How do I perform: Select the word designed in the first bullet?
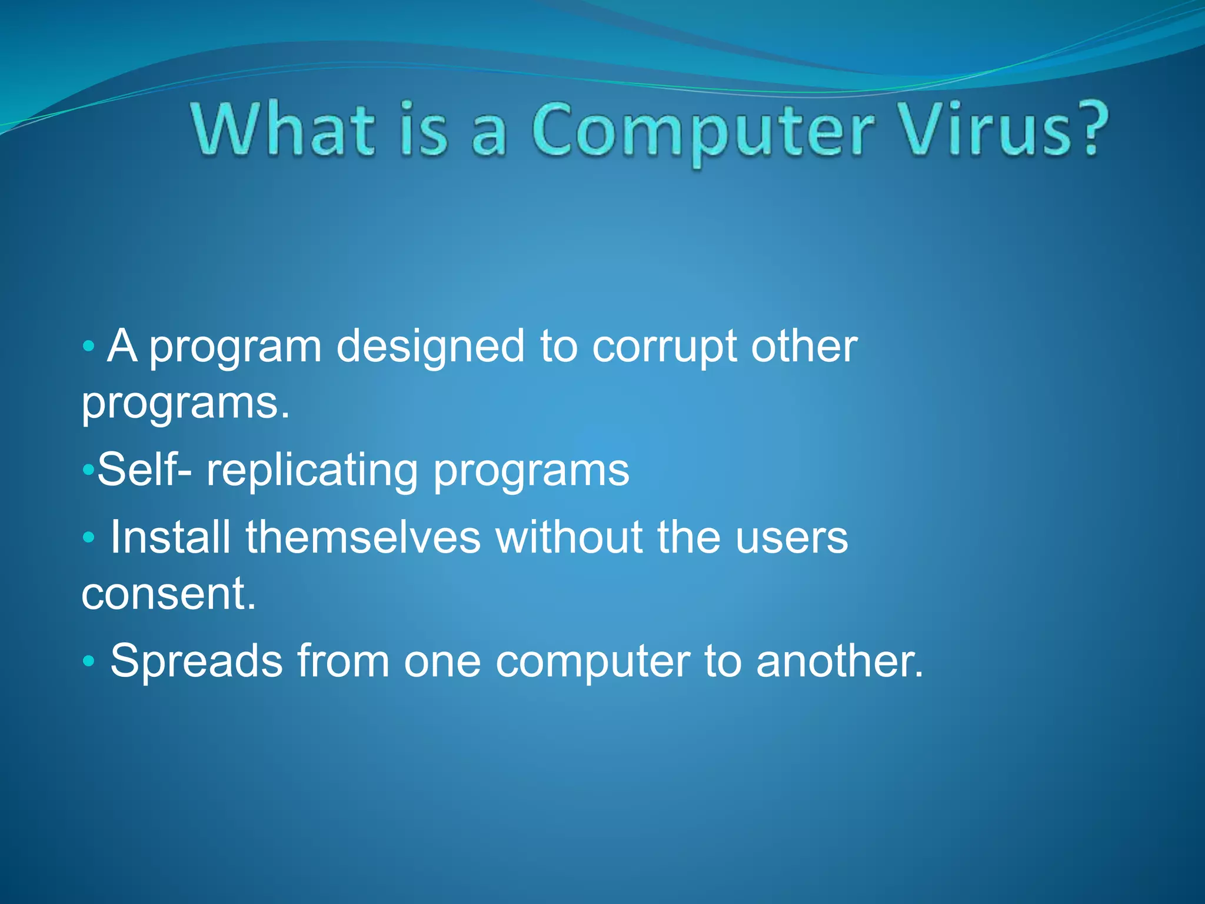coord(430,347)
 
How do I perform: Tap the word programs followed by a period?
coord(185,405)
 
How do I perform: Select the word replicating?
coord(312,471)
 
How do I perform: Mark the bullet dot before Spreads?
coord(88,661)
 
